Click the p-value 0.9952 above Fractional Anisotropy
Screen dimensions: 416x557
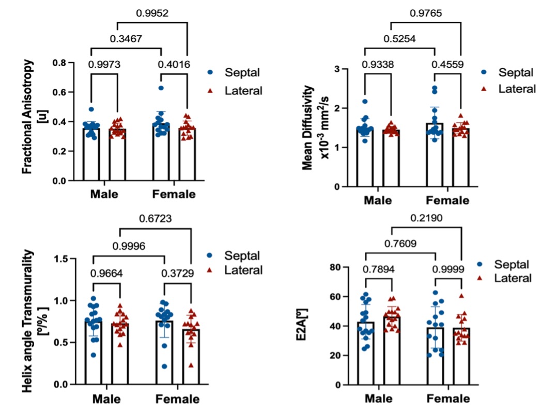tap(153, 13)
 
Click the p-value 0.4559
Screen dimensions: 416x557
tap(447, 65)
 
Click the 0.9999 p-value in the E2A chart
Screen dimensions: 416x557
tap(448, 268)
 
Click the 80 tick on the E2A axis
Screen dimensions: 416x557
tap(336, 267)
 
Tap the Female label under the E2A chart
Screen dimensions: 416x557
tap(448, 399)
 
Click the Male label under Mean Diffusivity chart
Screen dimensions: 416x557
tap(378, 200)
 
